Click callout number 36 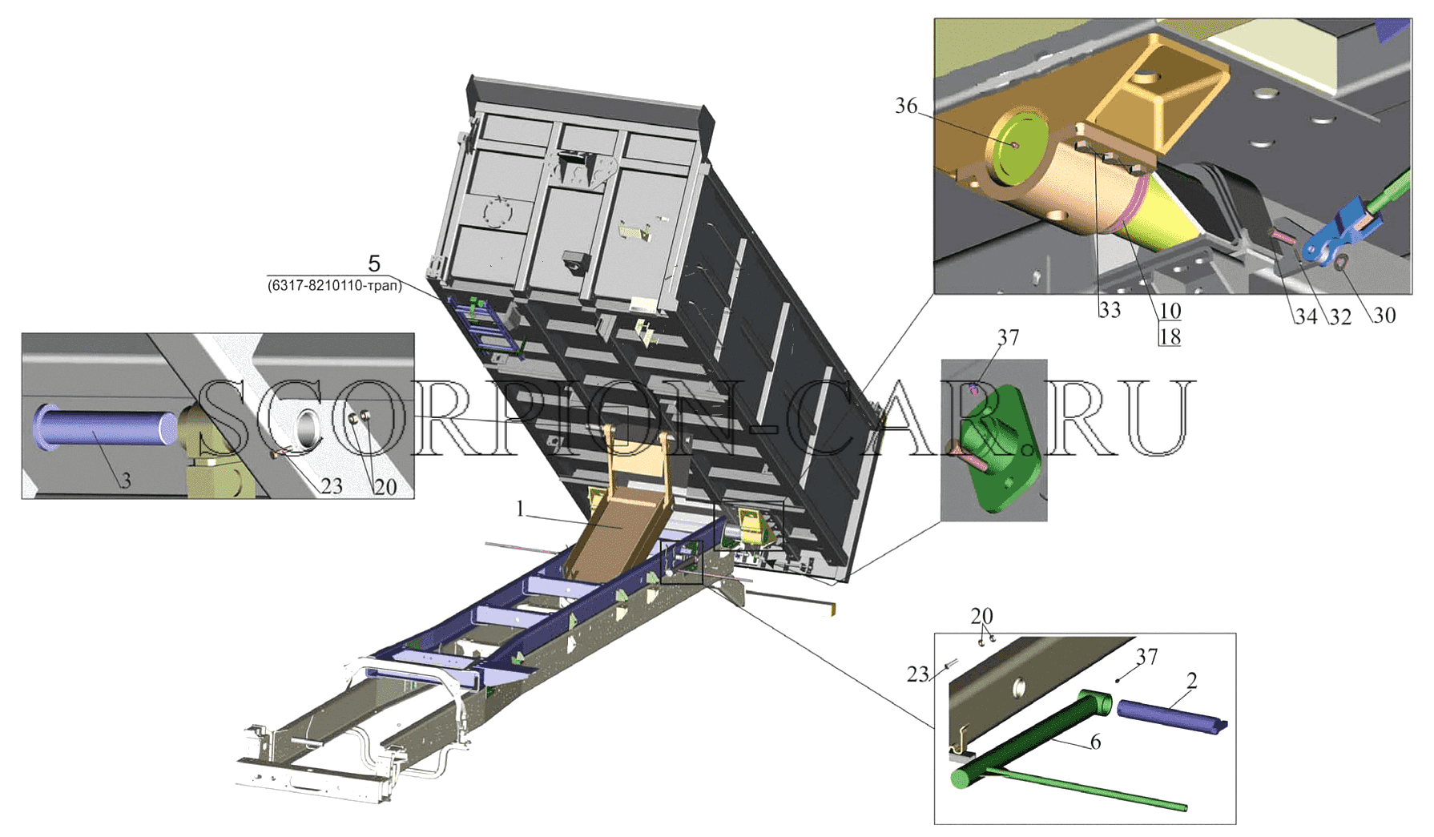click(x=906, y=106)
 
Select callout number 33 click(x=1110, y=309)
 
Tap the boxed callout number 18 click(x=1170, y=337)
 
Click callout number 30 click(x=1384, y=316)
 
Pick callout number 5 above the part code click(x=374, y=263)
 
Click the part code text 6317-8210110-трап click(x=334, y=286)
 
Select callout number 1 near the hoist click(x=521, y=509)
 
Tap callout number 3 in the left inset click(x=126, y=481)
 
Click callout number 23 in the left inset click(x=332, y=486)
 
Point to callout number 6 click(x=1095, y=742)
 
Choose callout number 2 click(x=1192, y=681)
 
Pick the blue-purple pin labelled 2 click(x=1172, y=715)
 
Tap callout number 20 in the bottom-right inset click(x=981, y=616)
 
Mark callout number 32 click(x=1340, y=316)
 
